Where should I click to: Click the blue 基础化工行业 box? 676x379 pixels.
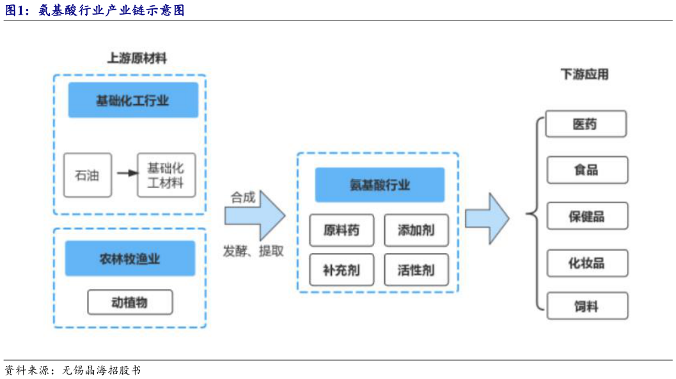[x=133, y=100]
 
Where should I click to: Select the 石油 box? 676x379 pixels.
[x=88, y=174]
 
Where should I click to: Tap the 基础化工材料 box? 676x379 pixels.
[x=166, y=175]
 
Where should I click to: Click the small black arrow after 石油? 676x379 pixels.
[x=127, y=173]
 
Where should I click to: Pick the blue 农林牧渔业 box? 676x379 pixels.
[x=130, y=258]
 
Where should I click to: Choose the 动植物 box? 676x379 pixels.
[x=130, y=302]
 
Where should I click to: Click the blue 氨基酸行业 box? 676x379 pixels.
[x=379, y=185]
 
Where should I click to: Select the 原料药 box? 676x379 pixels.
[x=342, y=230]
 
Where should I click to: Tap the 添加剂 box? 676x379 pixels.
[x=416, y=230]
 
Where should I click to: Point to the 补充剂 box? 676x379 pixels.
[x=342, y=270]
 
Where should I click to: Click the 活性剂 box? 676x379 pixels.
[x=416, y=270]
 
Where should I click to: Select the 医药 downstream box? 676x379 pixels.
[x=585, y=123]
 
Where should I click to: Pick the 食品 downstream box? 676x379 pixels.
[x=586, y=169]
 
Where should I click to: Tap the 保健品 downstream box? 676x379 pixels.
[x=586, y=216]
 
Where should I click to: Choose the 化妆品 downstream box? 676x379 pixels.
[x=586, y=263]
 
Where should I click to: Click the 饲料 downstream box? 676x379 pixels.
[x=586, y=306]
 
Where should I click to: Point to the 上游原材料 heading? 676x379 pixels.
[x=137, y=58]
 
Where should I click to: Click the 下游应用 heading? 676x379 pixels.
[x=585, y=74]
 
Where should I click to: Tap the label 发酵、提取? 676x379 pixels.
[x=253, y=251]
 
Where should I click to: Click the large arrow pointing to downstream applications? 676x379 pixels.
[x=487, y=218]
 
